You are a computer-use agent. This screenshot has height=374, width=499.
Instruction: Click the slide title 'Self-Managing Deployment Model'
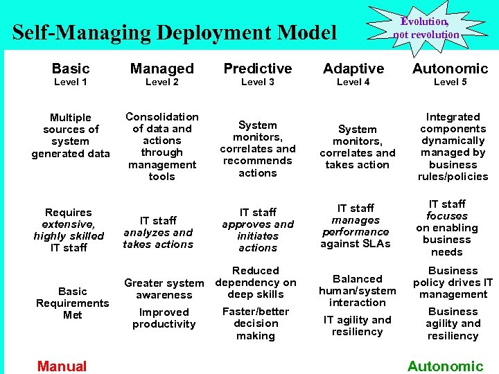[x=174, y=33]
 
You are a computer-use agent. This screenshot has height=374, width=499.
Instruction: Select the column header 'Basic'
[x=71, y=69]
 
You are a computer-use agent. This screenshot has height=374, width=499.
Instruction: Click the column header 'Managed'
[x=162, y=69]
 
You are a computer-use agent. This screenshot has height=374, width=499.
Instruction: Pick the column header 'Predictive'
[x=257, y=69]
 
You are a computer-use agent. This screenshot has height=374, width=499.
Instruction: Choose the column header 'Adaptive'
[x=353, y=69]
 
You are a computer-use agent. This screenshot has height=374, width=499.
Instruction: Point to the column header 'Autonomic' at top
[x=450, y=69]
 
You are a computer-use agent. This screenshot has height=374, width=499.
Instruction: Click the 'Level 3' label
[x=257, y=82]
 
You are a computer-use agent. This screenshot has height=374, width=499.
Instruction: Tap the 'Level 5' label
[x=450, y=82]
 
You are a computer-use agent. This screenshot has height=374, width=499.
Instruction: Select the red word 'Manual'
[x=62, y=366]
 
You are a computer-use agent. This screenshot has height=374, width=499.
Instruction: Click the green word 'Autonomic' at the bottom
[x=445, y=366]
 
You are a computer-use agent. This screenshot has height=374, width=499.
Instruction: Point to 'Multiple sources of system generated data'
[x=71, y=135]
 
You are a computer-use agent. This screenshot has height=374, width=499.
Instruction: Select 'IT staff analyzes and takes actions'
[x=159, y=232]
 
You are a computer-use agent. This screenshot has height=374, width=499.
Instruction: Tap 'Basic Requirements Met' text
[x=73, y=303]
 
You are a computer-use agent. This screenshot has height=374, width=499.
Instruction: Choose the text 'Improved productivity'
[x=164, y=318]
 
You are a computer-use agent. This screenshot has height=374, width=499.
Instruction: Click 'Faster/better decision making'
[x=256, y=323]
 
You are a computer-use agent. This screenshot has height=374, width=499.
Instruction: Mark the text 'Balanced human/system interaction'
[x=358, y=290]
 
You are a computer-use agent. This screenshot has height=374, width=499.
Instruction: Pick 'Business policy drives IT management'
[x=453, y=282]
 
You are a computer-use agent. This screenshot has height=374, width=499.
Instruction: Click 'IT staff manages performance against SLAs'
[x=356, y=225]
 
